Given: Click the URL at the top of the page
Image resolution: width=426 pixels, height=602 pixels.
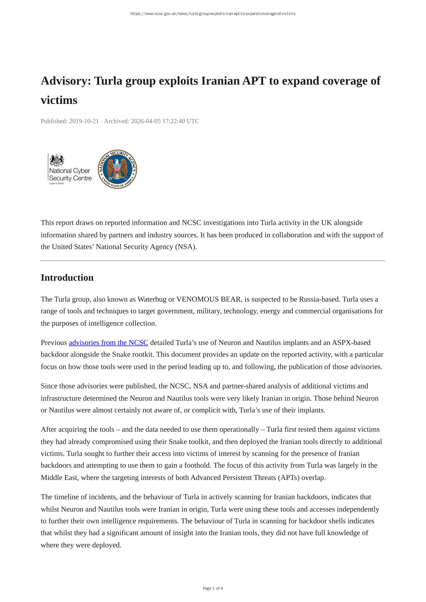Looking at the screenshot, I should point(213,14).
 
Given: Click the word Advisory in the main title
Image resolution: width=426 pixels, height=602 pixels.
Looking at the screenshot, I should point(66,81).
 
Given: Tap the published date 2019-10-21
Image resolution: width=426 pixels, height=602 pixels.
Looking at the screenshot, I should point(84,121).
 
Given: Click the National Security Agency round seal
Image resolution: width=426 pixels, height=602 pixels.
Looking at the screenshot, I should point(117,169).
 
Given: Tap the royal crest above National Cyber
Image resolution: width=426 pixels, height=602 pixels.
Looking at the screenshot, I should point(57,160).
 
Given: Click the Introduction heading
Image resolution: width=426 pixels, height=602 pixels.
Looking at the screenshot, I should point(67,278).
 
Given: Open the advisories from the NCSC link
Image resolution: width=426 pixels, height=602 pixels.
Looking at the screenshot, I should point(108,342).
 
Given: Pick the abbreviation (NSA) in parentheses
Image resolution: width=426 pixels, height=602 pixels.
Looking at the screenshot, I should point(186,247).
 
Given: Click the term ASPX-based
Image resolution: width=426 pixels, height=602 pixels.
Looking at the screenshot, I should point(351,342).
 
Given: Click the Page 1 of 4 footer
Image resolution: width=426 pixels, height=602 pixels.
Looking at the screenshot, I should point(213,588).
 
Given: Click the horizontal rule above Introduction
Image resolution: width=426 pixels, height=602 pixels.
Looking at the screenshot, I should point(213,261).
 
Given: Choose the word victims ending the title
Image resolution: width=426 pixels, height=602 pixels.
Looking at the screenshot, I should point(59,100).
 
